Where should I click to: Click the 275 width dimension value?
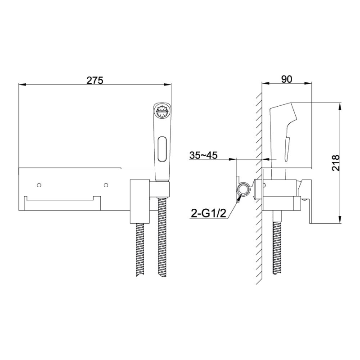point(95,81)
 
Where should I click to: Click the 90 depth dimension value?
point(287,79)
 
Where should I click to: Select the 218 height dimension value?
point(335,163)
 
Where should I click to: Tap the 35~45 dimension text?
point(203,155)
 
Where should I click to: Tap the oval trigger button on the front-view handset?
point(162,149)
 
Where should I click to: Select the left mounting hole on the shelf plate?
point(39,185)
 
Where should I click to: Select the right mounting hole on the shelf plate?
point(106,185)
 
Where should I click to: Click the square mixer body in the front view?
point(140,201)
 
